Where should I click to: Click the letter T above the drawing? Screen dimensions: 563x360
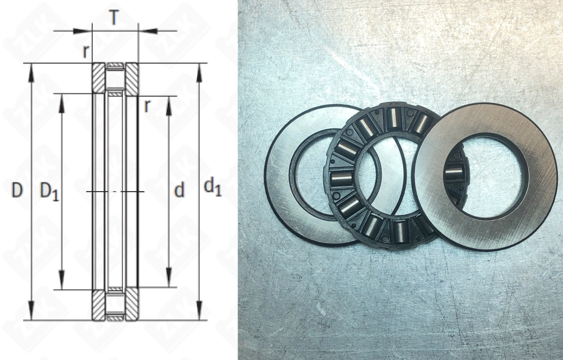tap(114, 17)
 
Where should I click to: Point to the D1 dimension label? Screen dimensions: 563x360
tap(49, 191)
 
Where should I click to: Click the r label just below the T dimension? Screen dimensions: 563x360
tap(85, 51)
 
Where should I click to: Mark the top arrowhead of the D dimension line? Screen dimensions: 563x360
tap(32, 74)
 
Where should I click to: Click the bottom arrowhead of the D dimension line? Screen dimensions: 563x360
tap(32, 310)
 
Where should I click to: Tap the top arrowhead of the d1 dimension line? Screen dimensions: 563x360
tap(199, 74)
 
